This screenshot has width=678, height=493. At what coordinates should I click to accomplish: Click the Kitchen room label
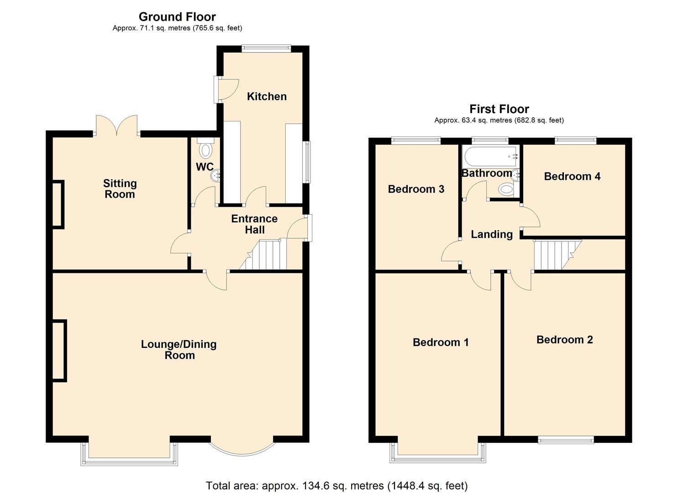267,96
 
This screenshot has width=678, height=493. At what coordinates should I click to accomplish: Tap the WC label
205,167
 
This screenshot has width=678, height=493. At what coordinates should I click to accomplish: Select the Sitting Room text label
120,189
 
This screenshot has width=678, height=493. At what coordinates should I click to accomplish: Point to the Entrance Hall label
254,224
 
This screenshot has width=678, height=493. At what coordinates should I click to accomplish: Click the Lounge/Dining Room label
179,350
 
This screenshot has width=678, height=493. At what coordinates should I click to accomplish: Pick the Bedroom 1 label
441,342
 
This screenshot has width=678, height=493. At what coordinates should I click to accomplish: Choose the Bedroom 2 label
564,340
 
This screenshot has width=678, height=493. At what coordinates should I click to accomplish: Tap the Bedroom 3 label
416,189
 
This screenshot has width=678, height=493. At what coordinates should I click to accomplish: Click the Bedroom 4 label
572,177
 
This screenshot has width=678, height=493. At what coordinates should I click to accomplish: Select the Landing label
492,234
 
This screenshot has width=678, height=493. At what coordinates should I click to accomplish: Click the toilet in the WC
206,148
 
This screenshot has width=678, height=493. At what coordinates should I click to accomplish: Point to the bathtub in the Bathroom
491,157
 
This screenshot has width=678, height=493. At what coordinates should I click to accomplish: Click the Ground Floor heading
177,16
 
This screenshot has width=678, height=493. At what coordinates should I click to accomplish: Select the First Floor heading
499,109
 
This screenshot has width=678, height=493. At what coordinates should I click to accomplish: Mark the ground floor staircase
263,255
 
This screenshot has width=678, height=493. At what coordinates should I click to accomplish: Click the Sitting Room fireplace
58,205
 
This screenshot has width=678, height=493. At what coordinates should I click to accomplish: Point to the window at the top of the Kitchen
266,47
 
